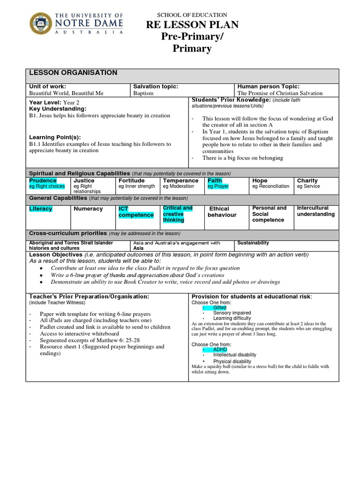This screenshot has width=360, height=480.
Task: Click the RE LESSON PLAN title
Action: pyautogui.click(x=192, y=25)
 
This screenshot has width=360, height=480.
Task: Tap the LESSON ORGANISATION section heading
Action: pyautogui.click(x=73, y=73)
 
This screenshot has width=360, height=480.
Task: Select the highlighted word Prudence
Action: pyautogui.click(x=43, y=180)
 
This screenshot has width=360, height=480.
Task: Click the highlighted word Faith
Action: pyautogui.click(x=215, y=180)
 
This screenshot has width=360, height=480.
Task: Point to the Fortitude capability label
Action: pyautogui.click(x=131, y=180)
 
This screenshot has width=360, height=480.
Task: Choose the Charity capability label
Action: pyautogui.click(x=307, y=180)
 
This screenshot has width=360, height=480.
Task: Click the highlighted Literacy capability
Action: pyautogui.click(x=41, y=209)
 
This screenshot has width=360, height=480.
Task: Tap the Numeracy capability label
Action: pyautogui.click(x=88, y=209)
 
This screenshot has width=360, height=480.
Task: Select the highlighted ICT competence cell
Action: pyautogui.click(x=135, y=212)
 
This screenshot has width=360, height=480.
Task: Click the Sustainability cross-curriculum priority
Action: pyautogui.click(x=253, y=243)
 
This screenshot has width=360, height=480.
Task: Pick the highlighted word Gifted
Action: pyautogui.click(x=219, y=307)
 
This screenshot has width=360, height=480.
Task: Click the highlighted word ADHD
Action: pyautogui.click(x=219, y=350)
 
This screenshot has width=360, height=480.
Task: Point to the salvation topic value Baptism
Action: pyautogui.click(x=143, y=93)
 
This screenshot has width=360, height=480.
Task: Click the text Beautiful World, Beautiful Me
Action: pyautogui.click(x=66, y=93)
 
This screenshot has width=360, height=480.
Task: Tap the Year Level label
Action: pyautogui.click(x=45, y=102)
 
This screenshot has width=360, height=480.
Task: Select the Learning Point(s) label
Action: pyautogui.click(x=58, y=137)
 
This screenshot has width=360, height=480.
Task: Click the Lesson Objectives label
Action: pyautogui.click(x=56, y=255)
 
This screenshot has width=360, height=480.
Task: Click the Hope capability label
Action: pyautogui.click(x=260, y=180)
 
